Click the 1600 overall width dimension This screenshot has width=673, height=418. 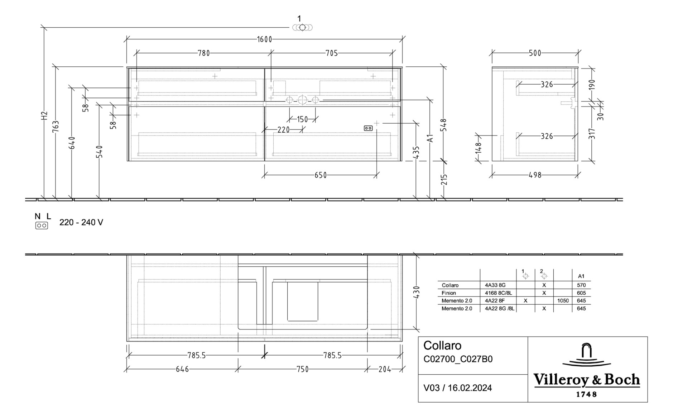(x=264, y=39)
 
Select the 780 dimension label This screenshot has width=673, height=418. (x=204, y=53)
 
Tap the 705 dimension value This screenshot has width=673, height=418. (x=332, y=53)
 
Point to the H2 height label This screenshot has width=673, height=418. (x=44, y=115)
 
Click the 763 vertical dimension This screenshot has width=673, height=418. (x=56, y=127)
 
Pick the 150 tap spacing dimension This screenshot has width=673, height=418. (x=302, y=119)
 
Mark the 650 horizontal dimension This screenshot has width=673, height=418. (x=321, y=175)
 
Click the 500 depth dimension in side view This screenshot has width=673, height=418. (x=535, y=53)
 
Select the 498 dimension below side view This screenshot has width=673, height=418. (x=535, y=175)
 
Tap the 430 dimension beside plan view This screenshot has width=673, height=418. (x=416, y=292)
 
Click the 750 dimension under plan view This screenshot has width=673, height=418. (x=302, y=369)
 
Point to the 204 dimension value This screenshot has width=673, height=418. (x=385, y=369)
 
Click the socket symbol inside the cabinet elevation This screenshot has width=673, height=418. (x=368, y=128)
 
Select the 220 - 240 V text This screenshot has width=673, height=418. (x=81, y=223)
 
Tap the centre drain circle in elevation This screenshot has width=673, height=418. (x=302, y=100)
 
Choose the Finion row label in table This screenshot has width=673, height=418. (x=449, y=293)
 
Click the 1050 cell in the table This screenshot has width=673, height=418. (x=563, y=301)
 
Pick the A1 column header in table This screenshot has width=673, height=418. (x=581, y=276)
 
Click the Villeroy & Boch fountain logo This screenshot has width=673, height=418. (x=586, y=355)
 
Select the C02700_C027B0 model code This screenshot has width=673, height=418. (x=458, y=359)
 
